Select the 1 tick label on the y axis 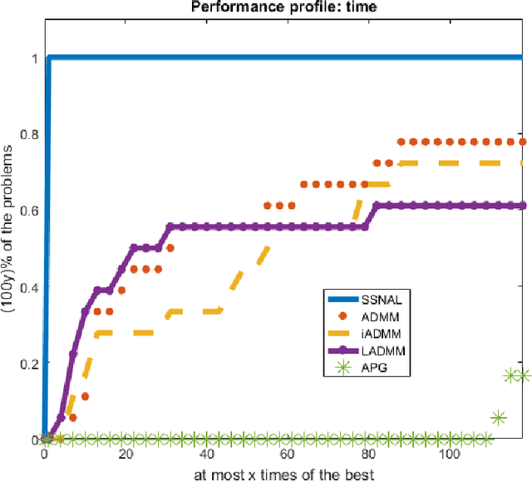pyautogui.click(x=34, y=58)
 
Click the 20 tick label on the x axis pyautogui.click(x=125, y=455)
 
